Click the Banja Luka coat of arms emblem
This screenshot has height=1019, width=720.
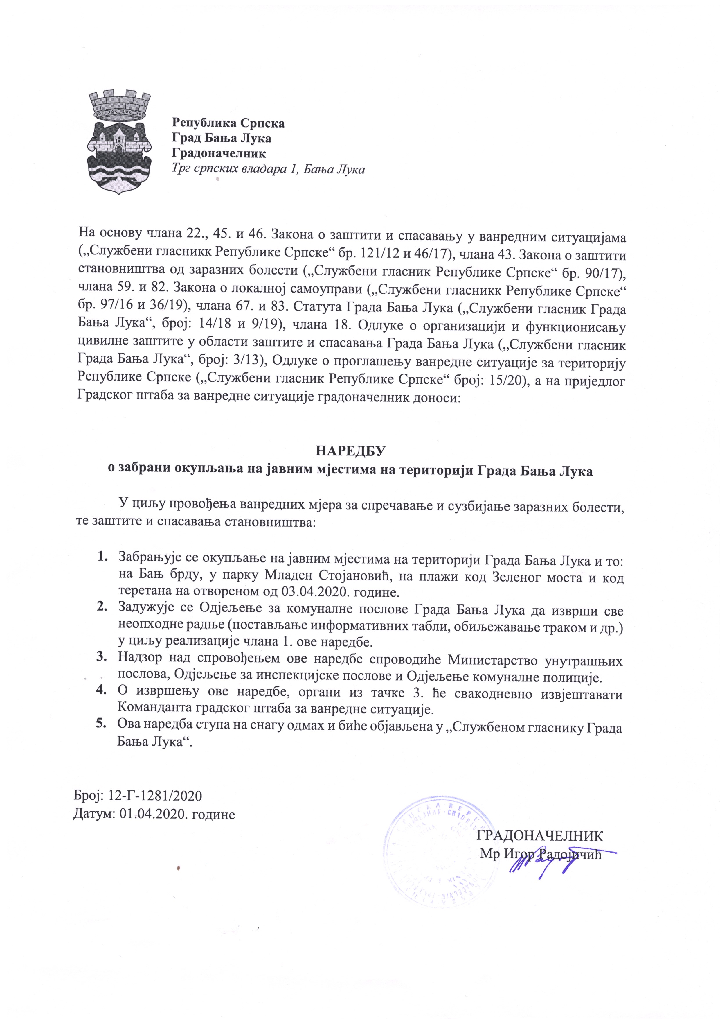click(120, 141)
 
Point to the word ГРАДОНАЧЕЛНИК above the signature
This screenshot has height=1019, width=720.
click(539, 836)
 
